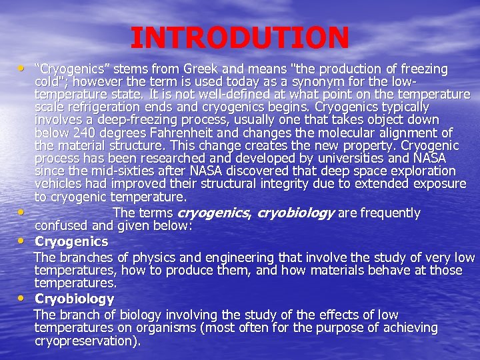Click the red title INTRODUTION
(x=239, y=38)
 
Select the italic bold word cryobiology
(x=295, y=213)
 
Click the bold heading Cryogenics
(x=71, y=241)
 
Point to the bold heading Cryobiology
(x=74, y=299)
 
